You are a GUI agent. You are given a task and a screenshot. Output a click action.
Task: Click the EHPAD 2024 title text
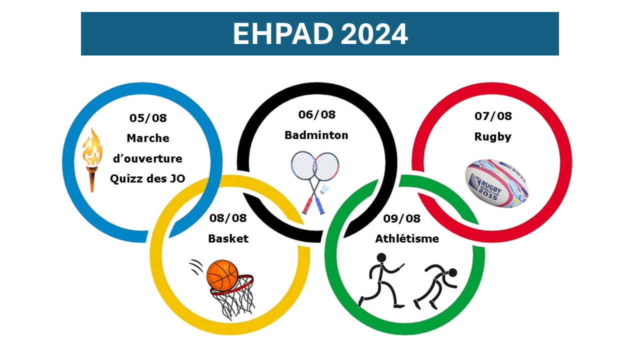click(320, 33)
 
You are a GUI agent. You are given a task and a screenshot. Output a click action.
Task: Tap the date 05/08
click(148, 118)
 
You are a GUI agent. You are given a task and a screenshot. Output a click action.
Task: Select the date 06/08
click(317, 114)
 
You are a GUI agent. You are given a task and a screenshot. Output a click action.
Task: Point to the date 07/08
click(493, 116)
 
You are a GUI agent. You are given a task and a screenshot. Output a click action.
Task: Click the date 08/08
click(228, 218)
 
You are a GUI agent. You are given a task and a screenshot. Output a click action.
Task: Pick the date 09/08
click(401, 218)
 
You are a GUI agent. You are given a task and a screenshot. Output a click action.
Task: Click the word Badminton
click(316, 135)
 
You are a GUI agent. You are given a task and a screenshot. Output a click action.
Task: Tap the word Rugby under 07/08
click(493, 137)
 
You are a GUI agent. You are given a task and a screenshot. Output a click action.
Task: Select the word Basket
click(228, 238)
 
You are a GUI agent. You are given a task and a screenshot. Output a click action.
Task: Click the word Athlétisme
click(407, 238)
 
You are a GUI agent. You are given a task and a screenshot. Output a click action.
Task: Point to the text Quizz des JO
click(147, 179)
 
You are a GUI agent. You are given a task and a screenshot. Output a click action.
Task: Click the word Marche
click(148, 138)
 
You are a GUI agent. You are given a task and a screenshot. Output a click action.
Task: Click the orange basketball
click(222, 275)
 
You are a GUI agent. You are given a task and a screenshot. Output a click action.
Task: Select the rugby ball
click(497, 183)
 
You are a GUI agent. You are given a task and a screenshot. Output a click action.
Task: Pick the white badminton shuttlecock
click(325, 189)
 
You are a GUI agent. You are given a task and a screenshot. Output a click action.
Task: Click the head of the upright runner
click(381, 257)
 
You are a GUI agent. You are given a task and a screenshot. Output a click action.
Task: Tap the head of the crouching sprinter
click(452, 272)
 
